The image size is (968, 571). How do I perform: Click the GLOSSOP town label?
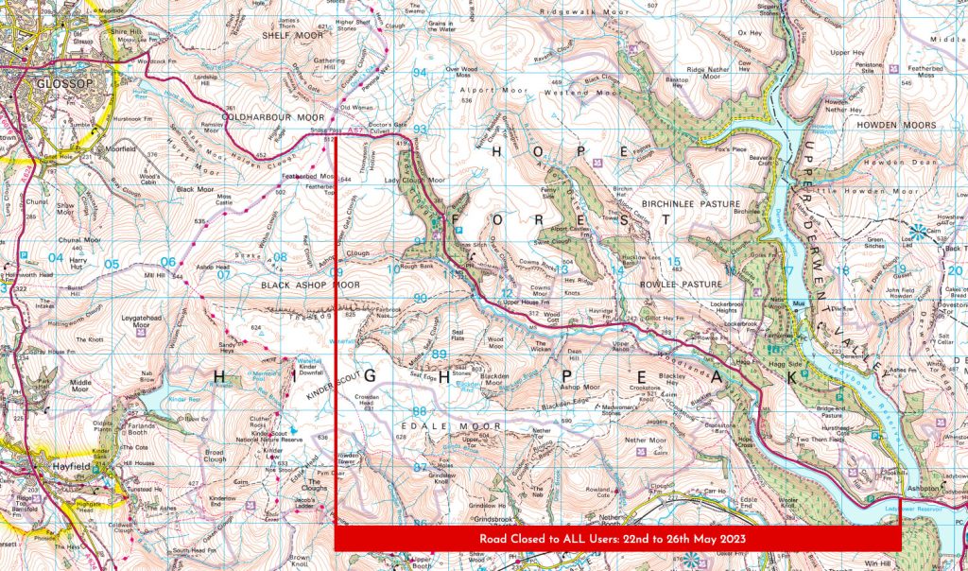pos(38,81)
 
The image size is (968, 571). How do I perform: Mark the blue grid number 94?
pos(420,73)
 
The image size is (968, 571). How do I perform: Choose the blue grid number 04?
pos(56,257)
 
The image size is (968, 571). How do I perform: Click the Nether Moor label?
pos(647,441)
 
